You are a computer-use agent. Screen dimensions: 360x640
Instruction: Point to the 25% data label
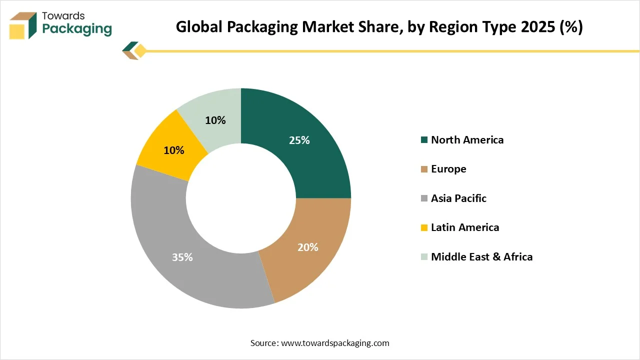pyautogui.click(x=299, y=140)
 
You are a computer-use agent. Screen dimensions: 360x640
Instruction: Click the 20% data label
pyautogui.click(x=308, y=247)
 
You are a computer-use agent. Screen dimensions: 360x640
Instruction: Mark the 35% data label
pyautogui.click(x=182, y=257)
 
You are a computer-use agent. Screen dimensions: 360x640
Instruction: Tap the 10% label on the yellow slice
pyautogui.click(x=174, y=150)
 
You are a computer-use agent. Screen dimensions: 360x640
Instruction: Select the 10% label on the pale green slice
pyautogui.click(x=215, y=120)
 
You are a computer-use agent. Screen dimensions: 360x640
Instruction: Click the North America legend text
pyautogui.click(x=467, y=140)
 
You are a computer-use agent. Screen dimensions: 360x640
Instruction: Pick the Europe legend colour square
pyautogui.click(x=424, y=169)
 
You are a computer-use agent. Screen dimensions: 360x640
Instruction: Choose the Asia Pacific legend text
pyautogui.click(x=458, y=198)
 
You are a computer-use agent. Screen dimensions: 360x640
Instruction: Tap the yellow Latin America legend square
pyautogui.click(x=424, y=228)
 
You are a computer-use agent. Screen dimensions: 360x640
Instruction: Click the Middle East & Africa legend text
pyautogui.click(x=481, y=257)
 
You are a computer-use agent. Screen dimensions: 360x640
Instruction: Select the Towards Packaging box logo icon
pyautogui.click(x=23, y=25)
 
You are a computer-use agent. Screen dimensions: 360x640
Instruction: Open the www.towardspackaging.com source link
pyautogui.click(x=335, y=343)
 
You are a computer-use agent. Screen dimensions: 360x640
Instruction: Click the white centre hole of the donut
pyautogui.click(x=241, y=198)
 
